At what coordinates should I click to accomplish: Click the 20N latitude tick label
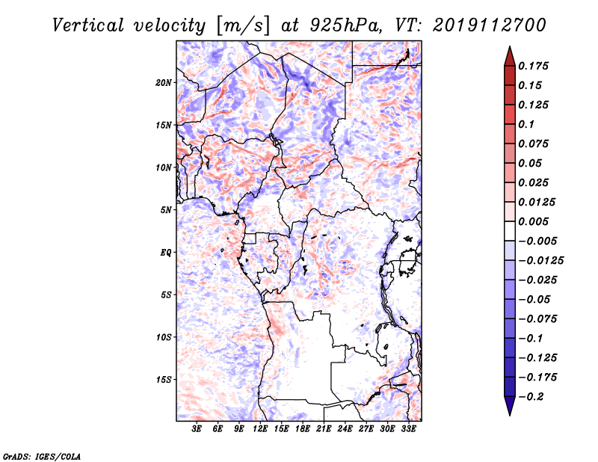(164, 83)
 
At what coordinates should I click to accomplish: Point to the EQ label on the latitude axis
(166, 253)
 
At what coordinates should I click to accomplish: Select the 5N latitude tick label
(166, 210)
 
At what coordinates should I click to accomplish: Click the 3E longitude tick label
(197, 428)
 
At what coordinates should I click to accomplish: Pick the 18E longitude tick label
(303, 428)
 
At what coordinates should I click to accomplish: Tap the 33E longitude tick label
(408, 428)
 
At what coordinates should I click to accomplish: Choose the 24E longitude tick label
(345, 428)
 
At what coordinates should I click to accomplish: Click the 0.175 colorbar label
(533, 66)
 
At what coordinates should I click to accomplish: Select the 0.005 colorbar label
(533, 221)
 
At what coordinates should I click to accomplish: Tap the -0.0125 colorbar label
(540, 261)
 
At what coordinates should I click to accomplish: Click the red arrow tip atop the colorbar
(510, 47)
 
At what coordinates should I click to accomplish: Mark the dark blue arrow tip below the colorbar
(510, 415)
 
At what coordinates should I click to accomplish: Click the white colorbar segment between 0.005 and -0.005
(510, 231)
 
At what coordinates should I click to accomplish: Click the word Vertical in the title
(88, 25)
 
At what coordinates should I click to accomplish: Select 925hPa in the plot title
(345, 25)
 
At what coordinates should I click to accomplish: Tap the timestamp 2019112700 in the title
(490, 25)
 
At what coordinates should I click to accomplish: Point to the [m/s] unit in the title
(243, 26)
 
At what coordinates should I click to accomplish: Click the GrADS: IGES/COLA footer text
(42, 457)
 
